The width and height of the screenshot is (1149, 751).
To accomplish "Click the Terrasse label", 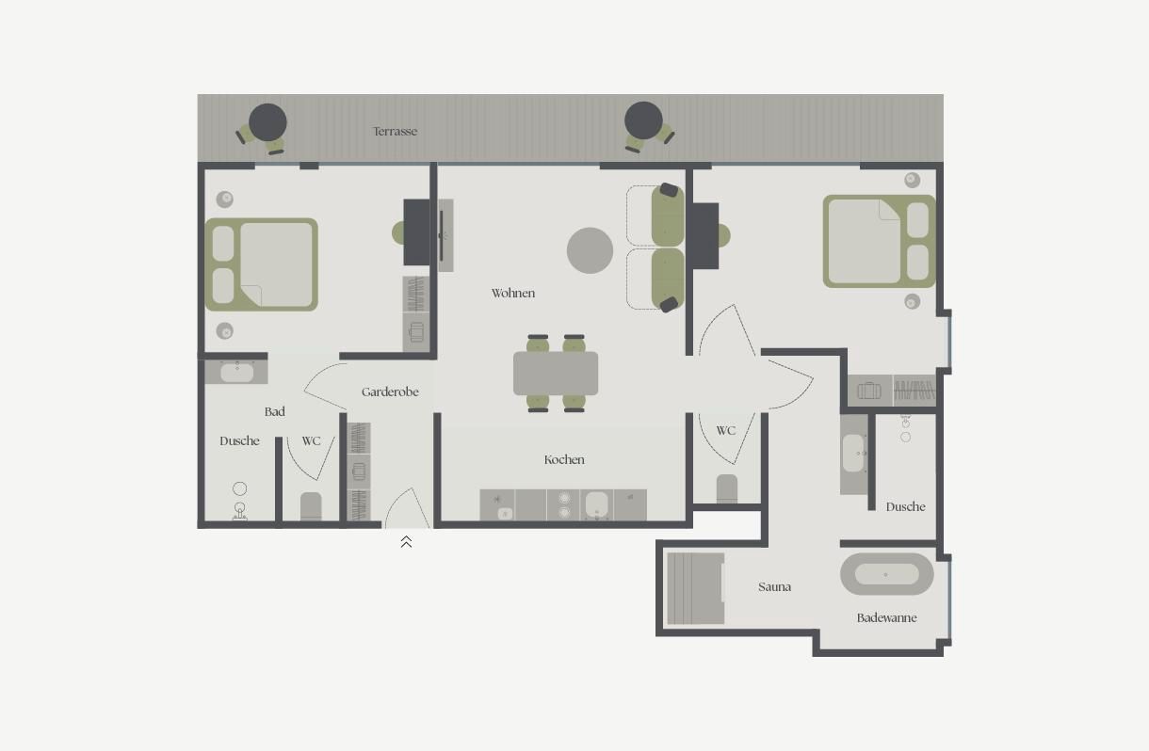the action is pyautogui.click(x=395, y=131).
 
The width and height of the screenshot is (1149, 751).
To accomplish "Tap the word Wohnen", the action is pyautogui.click(x=513, y=294).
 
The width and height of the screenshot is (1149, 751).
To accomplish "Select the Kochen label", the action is pyautogui.click(x=564, y=460).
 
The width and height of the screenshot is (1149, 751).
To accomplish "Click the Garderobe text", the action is pyautogui.click(x=390, y=392).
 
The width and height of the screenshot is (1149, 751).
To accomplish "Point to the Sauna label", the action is pyautogui.click(x=774, y=586).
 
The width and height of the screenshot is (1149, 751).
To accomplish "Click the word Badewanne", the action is pyautogui.click(x=887, y=617).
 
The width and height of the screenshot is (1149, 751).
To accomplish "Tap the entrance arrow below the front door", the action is pyautogui.click(x=406, y=541).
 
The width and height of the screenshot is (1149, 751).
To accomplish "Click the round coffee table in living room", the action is pyautogui.click(x=590, y=250).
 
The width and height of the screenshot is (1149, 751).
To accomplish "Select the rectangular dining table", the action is pyautogui.click(x=556, y=374).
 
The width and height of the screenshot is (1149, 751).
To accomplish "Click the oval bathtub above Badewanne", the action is pyautogui.click(x=887, y=574).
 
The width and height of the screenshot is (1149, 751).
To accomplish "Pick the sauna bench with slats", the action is pyautogui.click(x=696, y=588).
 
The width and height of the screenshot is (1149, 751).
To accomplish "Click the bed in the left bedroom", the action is pyautogui.click(x=262, y=264).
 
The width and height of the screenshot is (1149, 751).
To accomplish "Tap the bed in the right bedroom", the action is pyautogui.click(x=880, y=241).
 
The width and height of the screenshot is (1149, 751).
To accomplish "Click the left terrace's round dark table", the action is pyautogui.click(x=267, y=122).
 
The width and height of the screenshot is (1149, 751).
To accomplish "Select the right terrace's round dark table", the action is pyautogui.click(x=644, y=120).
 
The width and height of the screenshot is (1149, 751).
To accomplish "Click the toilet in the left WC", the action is pyautogui.click(x=311, y=506).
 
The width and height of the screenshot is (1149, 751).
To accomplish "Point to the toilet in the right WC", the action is pyautogui.click(x=727, y=488).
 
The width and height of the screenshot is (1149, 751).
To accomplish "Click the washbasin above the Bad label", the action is pyautogui.click(x=237, y=372).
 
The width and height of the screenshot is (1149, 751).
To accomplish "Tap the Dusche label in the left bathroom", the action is pyautogui.click(x=239, y=440).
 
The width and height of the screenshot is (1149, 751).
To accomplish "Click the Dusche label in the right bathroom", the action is pyautogui.click(x=905, y=507).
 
